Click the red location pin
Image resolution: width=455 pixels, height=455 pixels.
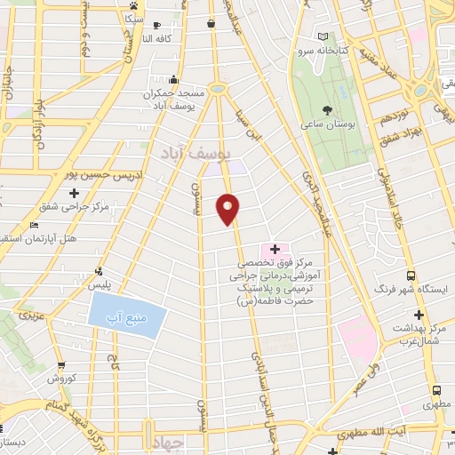(230, 208)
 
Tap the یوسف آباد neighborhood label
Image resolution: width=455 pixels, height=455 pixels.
(197, 153)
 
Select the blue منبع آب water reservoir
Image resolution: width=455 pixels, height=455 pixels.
(128, 315)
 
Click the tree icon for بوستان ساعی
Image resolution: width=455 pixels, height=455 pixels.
(329, 111)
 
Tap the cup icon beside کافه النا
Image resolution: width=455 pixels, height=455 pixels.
(156, 25)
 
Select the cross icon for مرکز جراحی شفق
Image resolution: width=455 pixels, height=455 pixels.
(74, 192)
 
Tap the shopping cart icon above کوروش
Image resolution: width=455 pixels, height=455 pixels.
(61, 365)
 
